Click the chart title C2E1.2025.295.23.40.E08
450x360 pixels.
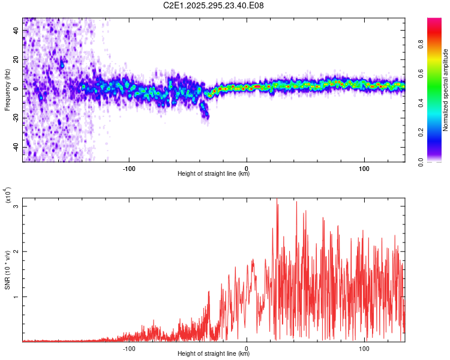coord(214,5)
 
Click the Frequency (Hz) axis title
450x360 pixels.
coord(7,90)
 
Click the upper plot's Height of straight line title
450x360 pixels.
coord(214,173)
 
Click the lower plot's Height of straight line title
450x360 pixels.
coord(214,353)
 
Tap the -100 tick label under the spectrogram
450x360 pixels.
coord(129,167)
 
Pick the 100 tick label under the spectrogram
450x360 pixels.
coord(364,167)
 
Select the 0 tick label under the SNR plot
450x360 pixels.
coord(247,347)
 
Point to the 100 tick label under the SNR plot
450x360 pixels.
coord(364,347)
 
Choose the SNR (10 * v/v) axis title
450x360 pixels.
coord(7,270)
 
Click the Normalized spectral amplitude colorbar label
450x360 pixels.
coord(446,90)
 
